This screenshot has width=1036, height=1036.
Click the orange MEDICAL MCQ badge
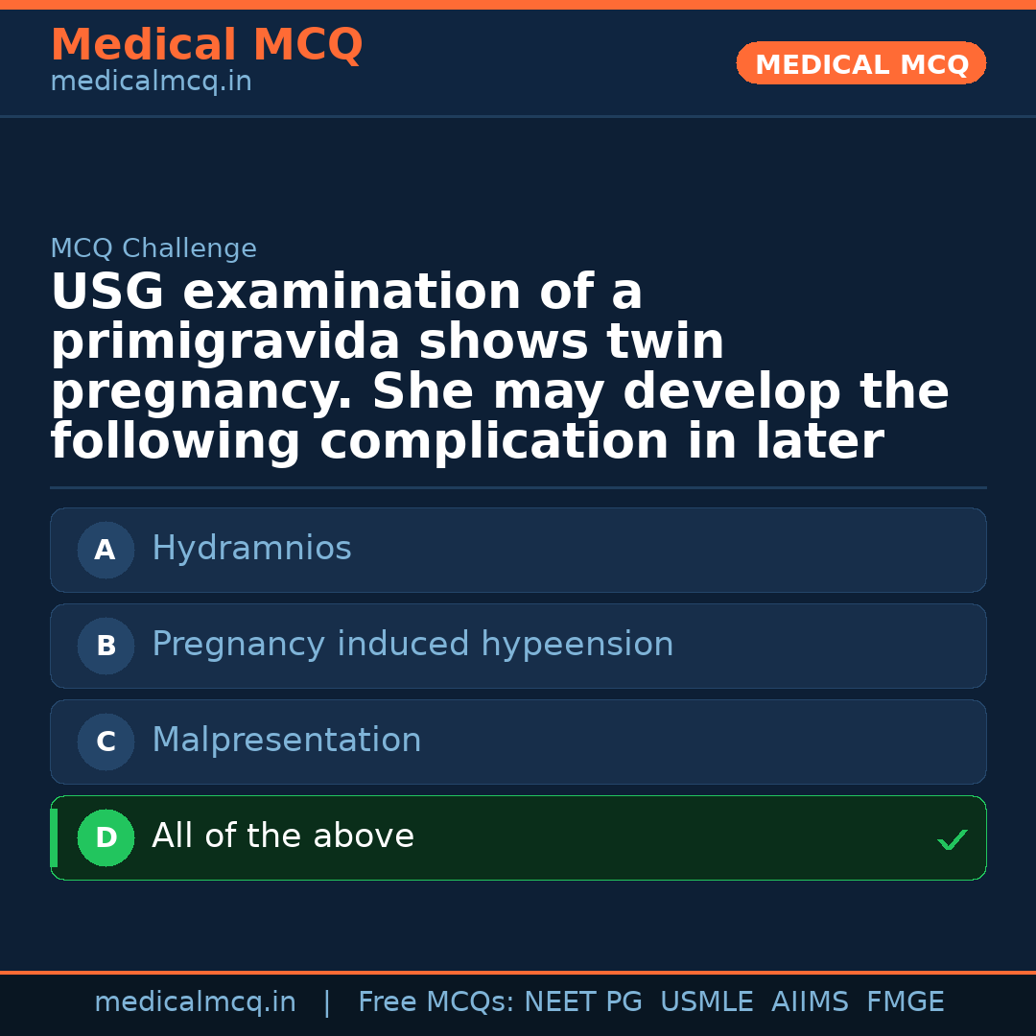[x=860, y=63]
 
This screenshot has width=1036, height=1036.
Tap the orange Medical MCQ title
[x=206, y=45]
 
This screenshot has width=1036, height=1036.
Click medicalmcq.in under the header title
[x=151, y=82]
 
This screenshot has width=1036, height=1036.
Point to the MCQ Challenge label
[x=153, y=248]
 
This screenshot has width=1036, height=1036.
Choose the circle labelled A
[x=106, y=550]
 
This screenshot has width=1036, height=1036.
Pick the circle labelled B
[x=106, y=646]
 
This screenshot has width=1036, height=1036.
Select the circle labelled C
[x=106, y=742]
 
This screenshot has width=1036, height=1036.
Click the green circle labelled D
[x=106, y=837]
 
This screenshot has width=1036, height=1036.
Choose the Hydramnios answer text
[x=251, y=549]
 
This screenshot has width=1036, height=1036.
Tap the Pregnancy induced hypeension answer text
[x=412, y=645]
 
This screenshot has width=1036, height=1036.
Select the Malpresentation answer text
[x=286, y=741]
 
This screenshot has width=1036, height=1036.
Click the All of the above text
[x=283, y=836]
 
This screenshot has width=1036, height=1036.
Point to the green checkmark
[x=952, y=840]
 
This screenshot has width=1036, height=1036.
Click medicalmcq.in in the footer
[x=195, y=1002]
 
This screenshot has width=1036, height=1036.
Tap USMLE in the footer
[x=706, y=1002]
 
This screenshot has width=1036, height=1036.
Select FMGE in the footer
[x=905, y=1002]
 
